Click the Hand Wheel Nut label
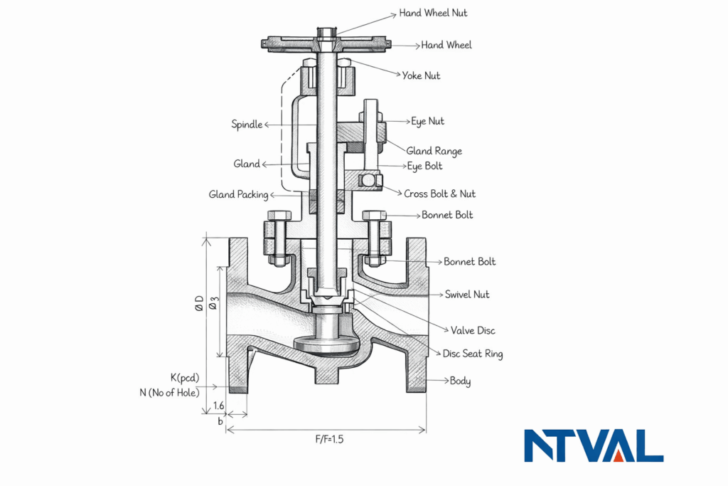coord(433,13)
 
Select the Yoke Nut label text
coord(421,75)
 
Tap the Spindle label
coord(247,125)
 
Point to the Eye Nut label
coord(427,122)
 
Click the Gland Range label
coord(434,151)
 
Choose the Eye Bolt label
coord(424,166)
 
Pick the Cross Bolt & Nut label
coord(439,194)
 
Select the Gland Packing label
coord(238,194)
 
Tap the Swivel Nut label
coord(466,295)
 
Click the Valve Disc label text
coord(473,330)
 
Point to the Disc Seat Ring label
coord(472,354)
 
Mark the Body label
coord(460,381)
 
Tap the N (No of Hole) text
coord(169,392)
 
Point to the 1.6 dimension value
coord(219,406)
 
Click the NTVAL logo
coord(594,446)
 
